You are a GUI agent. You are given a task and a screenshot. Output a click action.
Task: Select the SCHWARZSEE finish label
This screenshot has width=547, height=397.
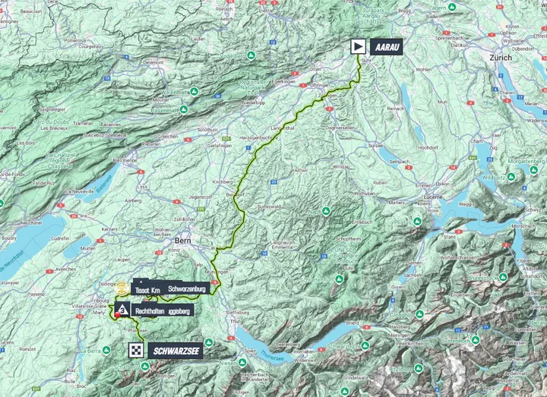(176, 350)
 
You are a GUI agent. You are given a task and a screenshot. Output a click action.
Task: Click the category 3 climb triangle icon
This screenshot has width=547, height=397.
(122, 310)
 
